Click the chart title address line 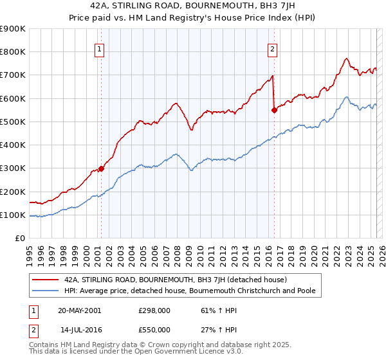click(x=193, y=6)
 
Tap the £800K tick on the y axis click(x=13, y=52)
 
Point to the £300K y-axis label click(x=13, y=168)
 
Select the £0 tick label click(x=19, y=239)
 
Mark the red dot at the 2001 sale click(x=101, y=169)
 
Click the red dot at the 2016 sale click(x=275, y=110)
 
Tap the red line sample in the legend click(x=45, y=280)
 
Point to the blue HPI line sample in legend click(x=45, y=291)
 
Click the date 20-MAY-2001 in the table click(x=79, y=310)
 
